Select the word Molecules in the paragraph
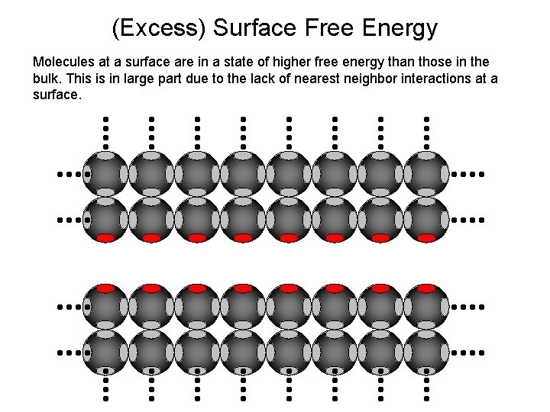(x=64, y=61)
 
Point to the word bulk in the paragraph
(x=47, y=79)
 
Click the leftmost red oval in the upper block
(x=105, y=238)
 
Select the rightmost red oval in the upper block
(x=426, y=238)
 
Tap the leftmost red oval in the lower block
(x=105, y=288)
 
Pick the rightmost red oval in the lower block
(x=426, y=288)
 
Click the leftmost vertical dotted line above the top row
(x=105, y=132)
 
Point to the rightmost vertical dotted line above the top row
(x=426, y=132)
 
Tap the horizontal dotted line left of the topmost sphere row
(x=70, y=174)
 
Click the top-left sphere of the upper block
(x=105, y=174)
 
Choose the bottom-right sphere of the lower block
(x=426, y=352)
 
